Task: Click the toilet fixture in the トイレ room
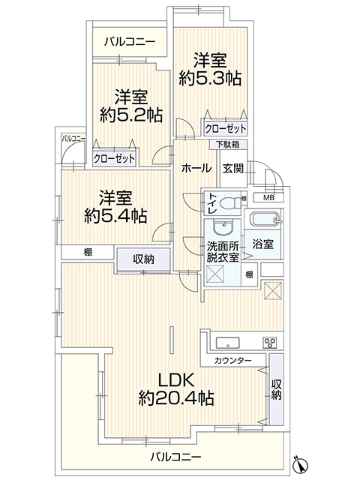[230, 202]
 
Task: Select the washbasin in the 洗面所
[223, 228]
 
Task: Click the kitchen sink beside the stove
[228, 342]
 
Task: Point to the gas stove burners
[270, 342]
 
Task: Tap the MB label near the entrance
[268, 197]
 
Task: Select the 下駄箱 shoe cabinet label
[228, 144]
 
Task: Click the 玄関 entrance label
[233, 168]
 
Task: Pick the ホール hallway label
[196, 168]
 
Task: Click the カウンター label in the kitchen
[232, 361]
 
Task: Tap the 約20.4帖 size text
[176, 398]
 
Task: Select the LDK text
[176, 380]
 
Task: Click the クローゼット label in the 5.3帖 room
[225, 128]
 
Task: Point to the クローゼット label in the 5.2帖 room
[114, 158]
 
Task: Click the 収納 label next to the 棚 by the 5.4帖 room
[143, 259]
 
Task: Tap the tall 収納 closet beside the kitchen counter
[276, 389]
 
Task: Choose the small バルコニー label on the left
[73, 138]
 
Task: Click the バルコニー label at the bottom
[175, 457]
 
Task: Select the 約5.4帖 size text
[115, 216]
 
